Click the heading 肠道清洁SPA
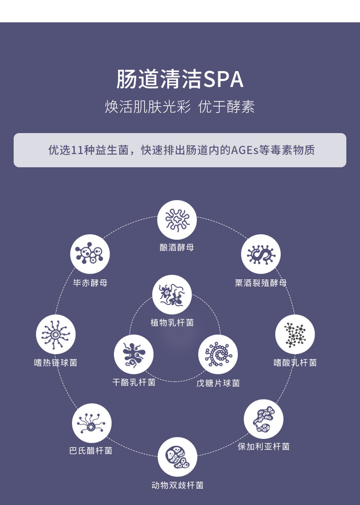click(x=180, y=79)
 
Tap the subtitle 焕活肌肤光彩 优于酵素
click(x=180, y=107)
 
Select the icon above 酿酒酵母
click(x=177, y=220)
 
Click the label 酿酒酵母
click(x=177, y=247)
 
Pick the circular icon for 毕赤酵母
click(x=90, y=254)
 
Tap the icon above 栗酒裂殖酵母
click(x=261, y=254)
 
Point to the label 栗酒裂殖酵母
click(x=261, y=283)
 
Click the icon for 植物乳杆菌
click(x=172, y=295)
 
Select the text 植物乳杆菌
click(x=172, y=323)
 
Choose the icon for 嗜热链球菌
click(x=56, y=334)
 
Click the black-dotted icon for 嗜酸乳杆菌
click(x=295, y=334)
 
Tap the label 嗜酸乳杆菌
click(x=295, y=362)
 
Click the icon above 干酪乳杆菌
click(x=134, y=354)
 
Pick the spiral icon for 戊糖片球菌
click(x=218, y=354)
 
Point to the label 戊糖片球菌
click(x=218, y=383)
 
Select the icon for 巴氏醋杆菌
click(x=92, y=423)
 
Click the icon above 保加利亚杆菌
click(x=264, y=419)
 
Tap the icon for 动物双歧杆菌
click(x=178, y=457)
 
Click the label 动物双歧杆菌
click(x=178, y=485)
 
